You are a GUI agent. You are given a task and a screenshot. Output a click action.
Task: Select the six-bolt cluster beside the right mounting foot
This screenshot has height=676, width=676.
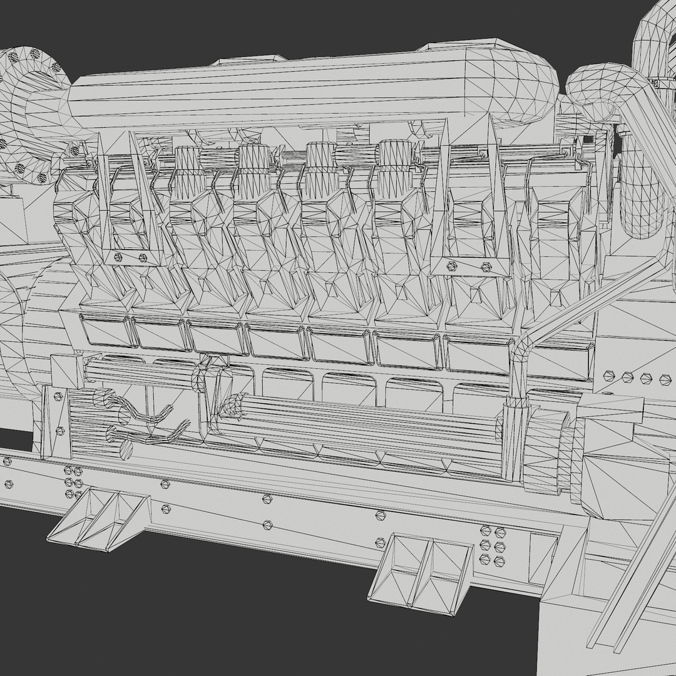click(x=492, y=545)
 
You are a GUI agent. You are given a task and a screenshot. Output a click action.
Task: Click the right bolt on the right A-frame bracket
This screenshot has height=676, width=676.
click(x=485, y=267)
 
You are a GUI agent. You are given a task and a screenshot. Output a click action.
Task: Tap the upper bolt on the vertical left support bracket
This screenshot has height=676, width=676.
click(x=58, y=396)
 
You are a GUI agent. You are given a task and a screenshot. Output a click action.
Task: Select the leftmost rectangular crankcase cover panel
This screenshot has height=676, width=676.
click(x=104, y=330)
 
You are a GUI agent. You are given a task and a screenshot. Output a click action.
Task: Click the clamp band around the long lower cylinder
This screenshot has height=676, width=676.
click(x=512, y=441)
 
